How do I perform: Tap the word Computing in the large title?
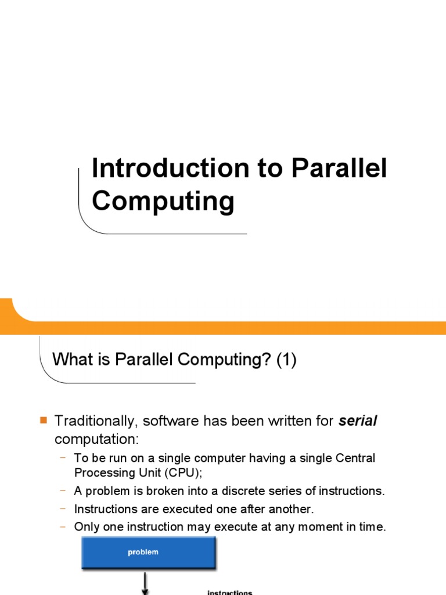coord(163,202)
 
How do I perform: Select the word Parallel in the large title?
coord(339,169)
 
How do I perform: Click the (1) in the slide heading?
coord(286,360)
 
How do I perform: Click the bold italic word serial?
coord(358,421)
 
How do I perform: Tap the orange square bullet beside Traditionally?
coord(43,420)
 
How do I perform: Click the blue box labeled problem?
coord(148,552)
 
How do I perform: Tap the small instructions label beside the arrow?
coord(230,592)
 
